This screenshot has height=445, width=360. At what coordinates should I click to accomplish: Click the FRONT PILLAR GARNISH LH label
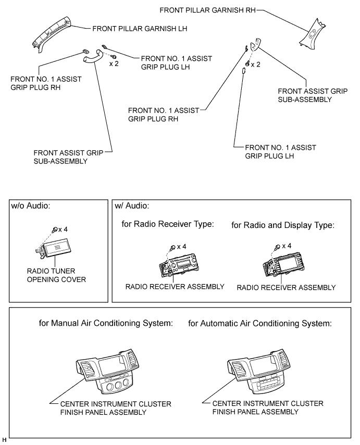click(x=139, y=29)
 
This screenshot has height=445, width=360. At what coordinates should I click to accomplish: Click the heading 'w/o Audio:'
click(x=32, y=206)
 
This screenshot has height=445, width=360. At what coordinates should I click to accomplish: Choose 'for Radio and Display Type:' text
click(x=282, y=225)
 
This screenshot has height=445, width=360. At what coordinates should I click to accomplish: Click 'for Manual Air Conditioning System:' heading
click(x=106, y=323)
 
